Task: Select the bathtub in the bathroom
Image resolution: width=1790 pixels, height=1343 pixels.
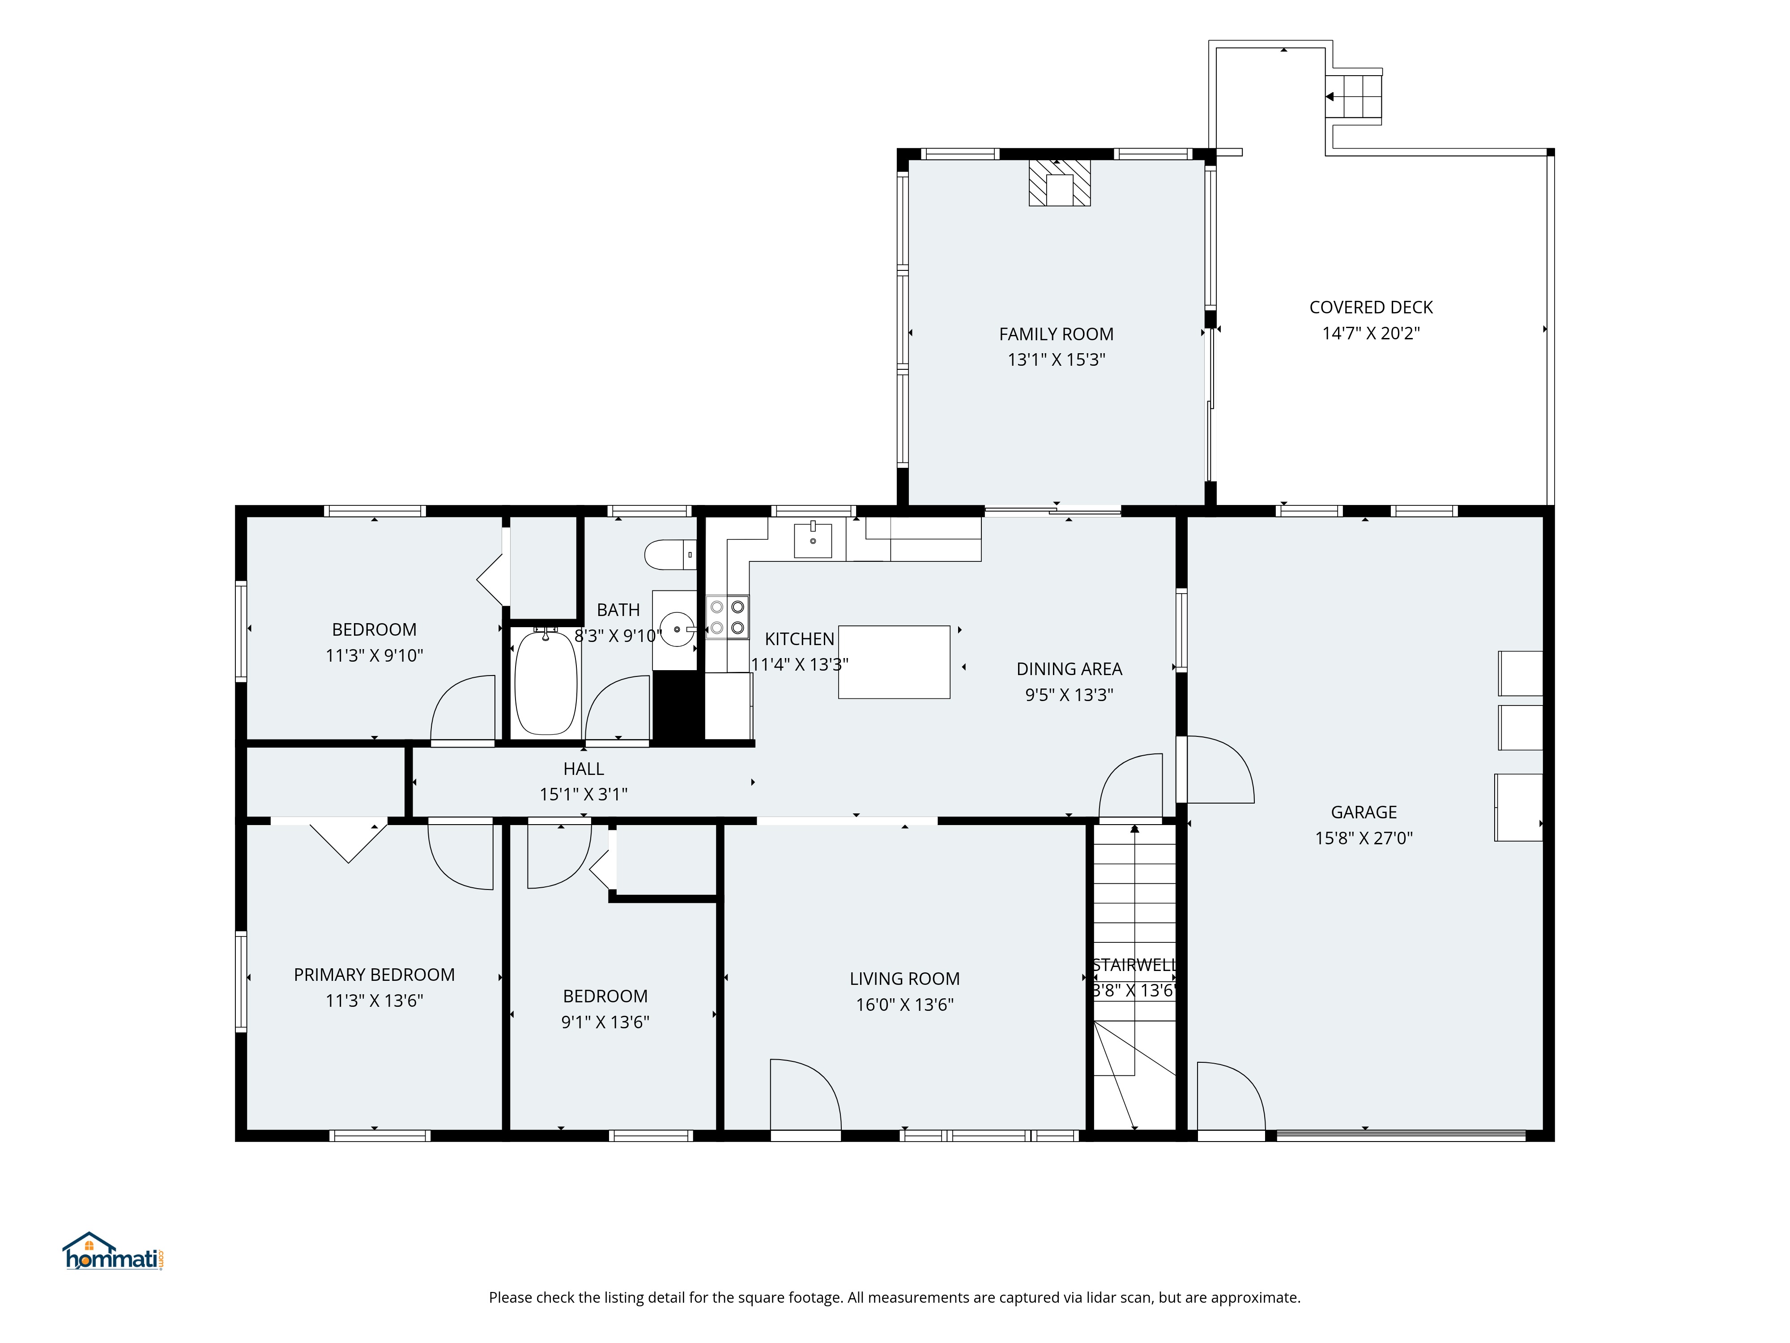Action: pyautogui.click(x=546, y=682)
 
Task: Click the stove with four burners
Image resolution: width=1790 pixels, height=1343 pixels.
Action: pyautogui.click(x=727, y=617)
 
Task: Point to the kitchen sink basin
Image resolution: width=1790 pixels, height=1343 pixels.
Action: pyautogui.click(x=813, y=540)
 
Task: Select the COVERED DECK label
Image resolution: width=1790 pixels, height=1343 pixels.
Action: pyautogui.click(x=1371, y=308)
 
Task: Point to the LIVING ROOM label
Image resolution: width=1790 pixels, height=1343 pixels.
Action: pyautogui.click(x=905, y=979)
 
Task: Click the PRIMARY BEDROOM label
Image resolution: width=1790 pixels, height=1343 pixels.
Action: pyautogui.click(x=374, y=975)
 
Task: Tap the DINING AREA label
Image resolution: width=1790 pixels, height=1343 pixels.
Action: pyautogui.click(x=1069, y=669)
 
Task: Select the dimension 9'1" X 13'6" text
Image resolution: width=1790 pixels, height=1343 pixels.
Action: pyautogui.click(x=605, y=1022)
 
